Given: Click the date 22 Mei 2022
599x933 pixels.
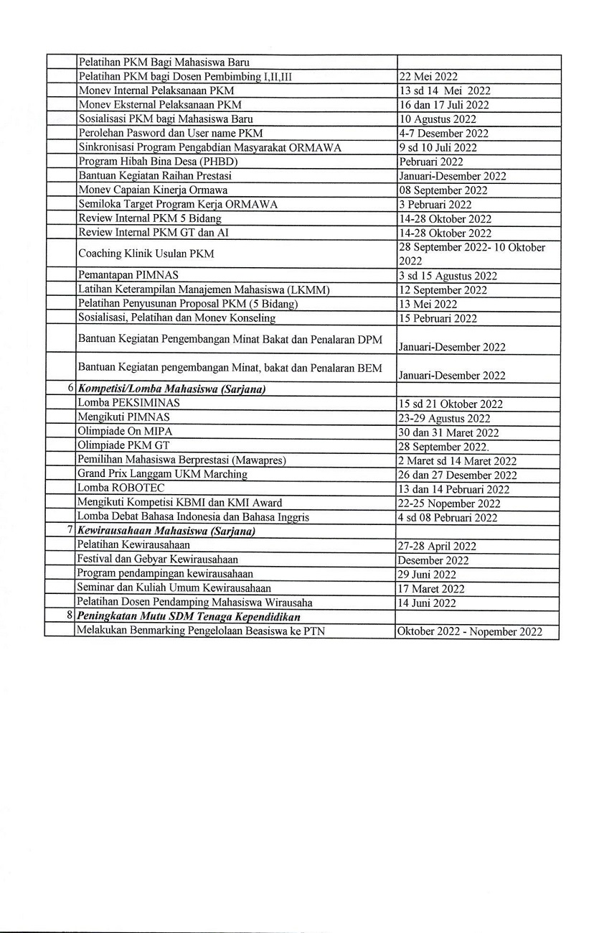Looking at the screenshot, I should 429,77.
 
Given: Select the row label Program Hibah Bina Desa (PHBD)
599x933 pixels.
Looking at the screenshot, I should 158,162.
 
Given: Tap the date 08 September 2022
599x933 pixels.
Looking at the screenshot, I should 443,190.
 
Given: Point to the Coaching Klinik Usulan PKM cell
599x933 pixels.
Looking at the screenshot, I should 146,254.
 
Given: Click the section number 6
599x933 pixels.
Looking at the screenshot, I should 70,389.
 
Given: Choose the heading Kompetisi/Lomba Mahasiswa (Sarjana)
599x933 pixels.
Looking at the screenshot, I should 172,389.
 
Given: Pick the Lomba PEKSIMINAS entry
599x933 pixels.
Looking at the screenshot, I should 129,404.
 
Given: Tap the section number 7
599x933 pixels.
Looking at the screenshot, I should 70,532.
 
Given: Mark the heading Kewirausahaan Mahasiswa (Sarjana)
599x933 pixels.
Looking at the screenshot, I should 167,532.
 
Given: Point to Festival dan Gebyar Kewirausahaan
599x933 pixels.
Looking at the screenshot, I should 159,560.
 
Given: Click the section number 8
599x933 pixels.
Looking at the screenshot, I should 70,617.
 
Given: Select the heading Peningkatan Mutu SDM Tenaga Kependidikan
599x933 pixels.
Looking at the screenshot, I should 189,617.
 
